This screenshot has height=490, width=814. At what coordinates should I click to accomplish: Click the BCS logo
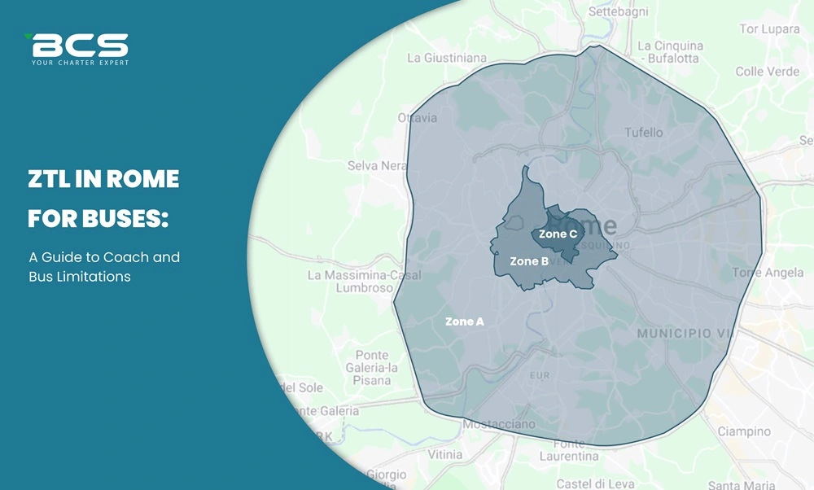79,44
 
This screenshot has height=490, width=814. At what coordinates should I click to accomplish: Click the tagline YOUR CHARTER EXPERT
80,62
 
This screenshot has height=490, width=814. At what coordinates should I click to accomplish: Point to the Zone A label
465,322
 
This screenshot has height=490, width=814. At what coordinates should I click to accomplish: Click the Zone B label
528,261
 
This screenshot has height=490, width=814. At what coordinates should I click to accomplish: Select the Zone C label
558,234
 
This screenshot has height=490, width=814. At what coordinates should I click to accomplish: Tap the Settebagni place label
618,12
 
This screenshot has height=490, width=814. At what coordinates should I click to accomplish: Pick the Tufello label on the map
644,132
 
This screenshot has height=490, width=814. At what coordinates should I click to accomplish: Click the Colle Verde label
767,72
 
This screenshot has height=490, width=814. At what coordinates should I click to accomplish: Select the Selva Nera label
376,165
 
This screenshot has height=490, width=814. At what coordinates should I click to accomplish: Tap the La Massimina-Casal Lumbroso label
362,282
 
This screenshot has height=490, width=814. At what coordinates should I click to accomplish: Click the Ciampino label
743,431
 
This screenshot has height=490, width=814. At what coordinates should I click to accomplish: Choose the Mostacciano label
499,424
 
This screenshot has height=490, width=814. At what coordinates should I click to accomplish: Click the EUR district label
540,375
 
